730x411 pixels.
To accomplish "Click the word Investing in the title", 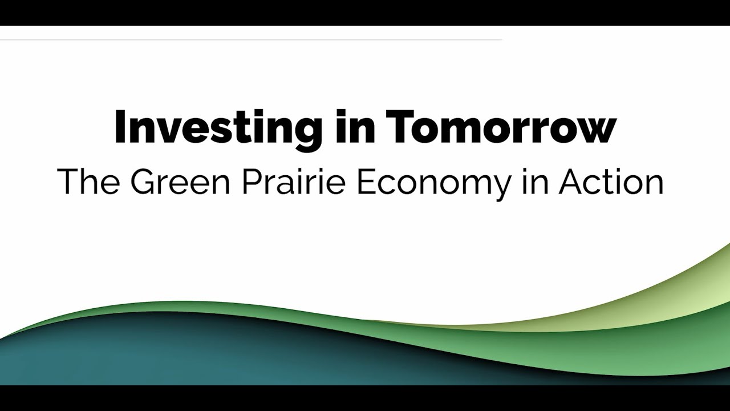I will coord(217,127).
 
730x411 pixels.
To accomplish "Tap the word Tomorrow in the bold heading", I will coord(501,127).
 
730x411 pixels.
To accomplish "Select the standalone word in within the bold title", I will coord(353,127).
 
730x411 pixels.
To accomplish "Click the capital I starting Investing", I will coord(120,127).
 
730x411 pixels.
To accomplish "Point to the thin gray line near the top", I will coord(251,40).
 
